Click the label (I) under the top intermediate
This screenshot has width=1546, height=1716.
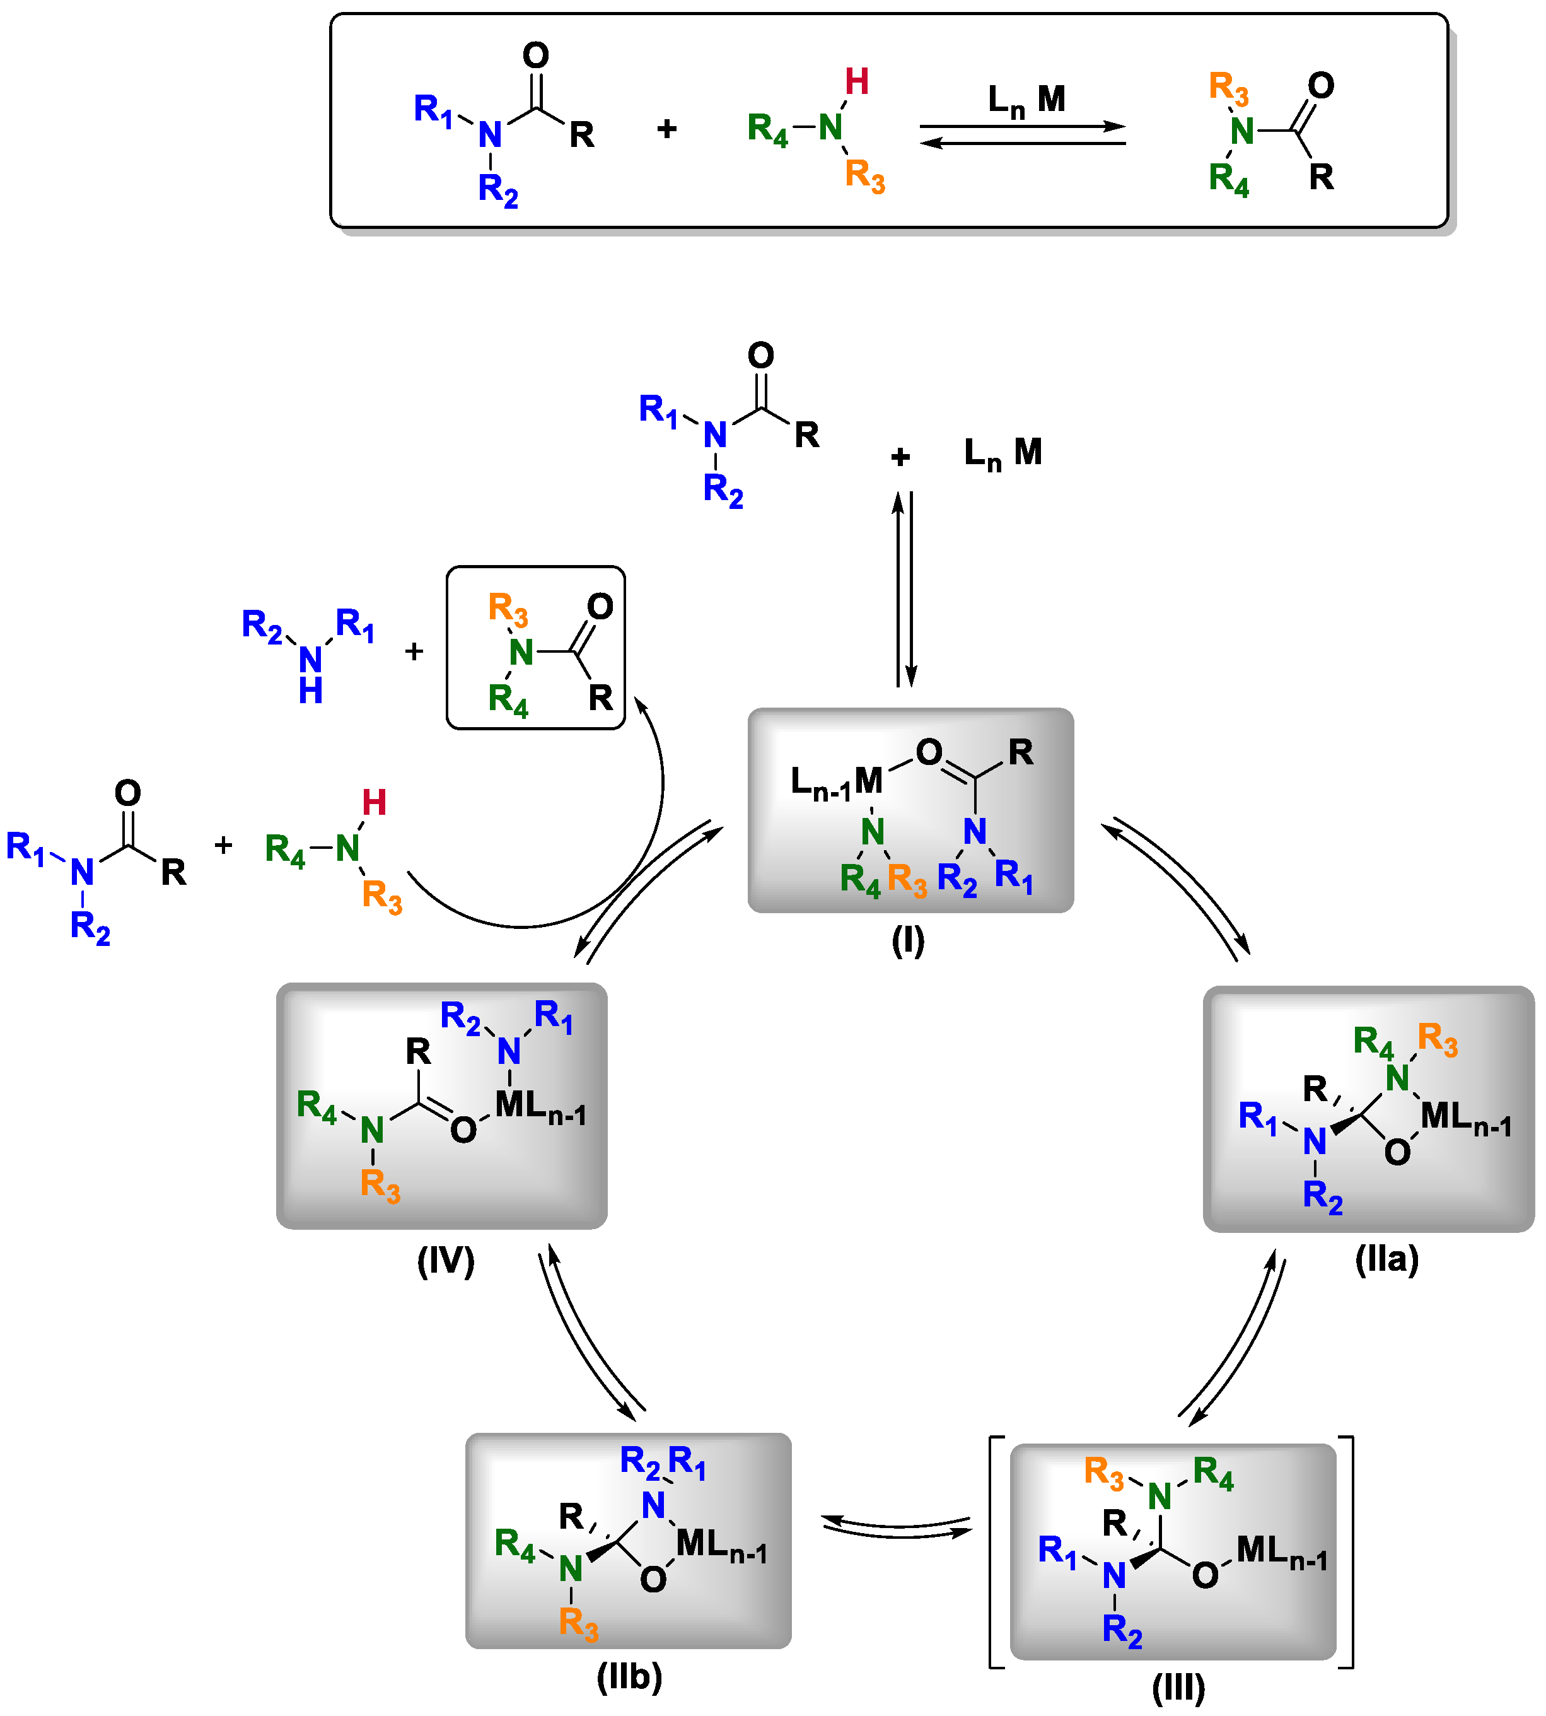(x=907, y=940)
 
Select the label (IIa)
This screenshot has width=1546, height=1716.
(x=1386, y=1258)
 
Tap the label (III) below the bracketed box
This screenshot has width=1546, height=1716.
(x=1178, y=1688)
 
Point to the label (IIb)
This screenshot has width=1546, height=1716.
(x=629, y=1676)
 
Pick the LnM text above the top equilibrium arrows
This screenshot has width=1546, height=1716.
(x=1026, y=100)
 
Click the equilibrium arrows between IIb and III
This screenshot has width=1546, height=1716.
(x=897, y=1527)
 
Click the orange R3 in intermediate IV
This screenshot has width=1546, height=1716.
(x=380, y=1184)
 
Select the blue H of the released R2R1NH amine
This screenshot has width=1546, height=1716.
(x=311, y=691)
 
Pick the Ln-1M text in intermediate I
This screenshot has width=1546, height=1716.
(x=836, y=781)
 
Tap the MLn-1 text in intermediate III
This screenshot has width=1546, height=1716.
(x=1281, y=1551)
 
